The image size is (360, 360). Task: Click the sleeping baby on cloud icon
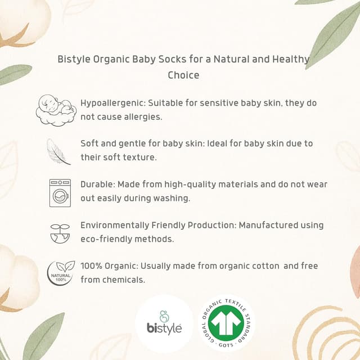click(x=56, y=110)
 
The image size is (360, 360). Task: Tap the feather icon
click(x=58, y=151)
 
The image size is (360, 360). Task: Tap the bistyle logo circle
click(x=164, y=323)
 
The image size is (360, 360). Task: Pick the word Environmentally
click(x=115, y=225)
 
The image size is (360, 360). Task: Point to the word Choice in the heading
click(x=183, y=74)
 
